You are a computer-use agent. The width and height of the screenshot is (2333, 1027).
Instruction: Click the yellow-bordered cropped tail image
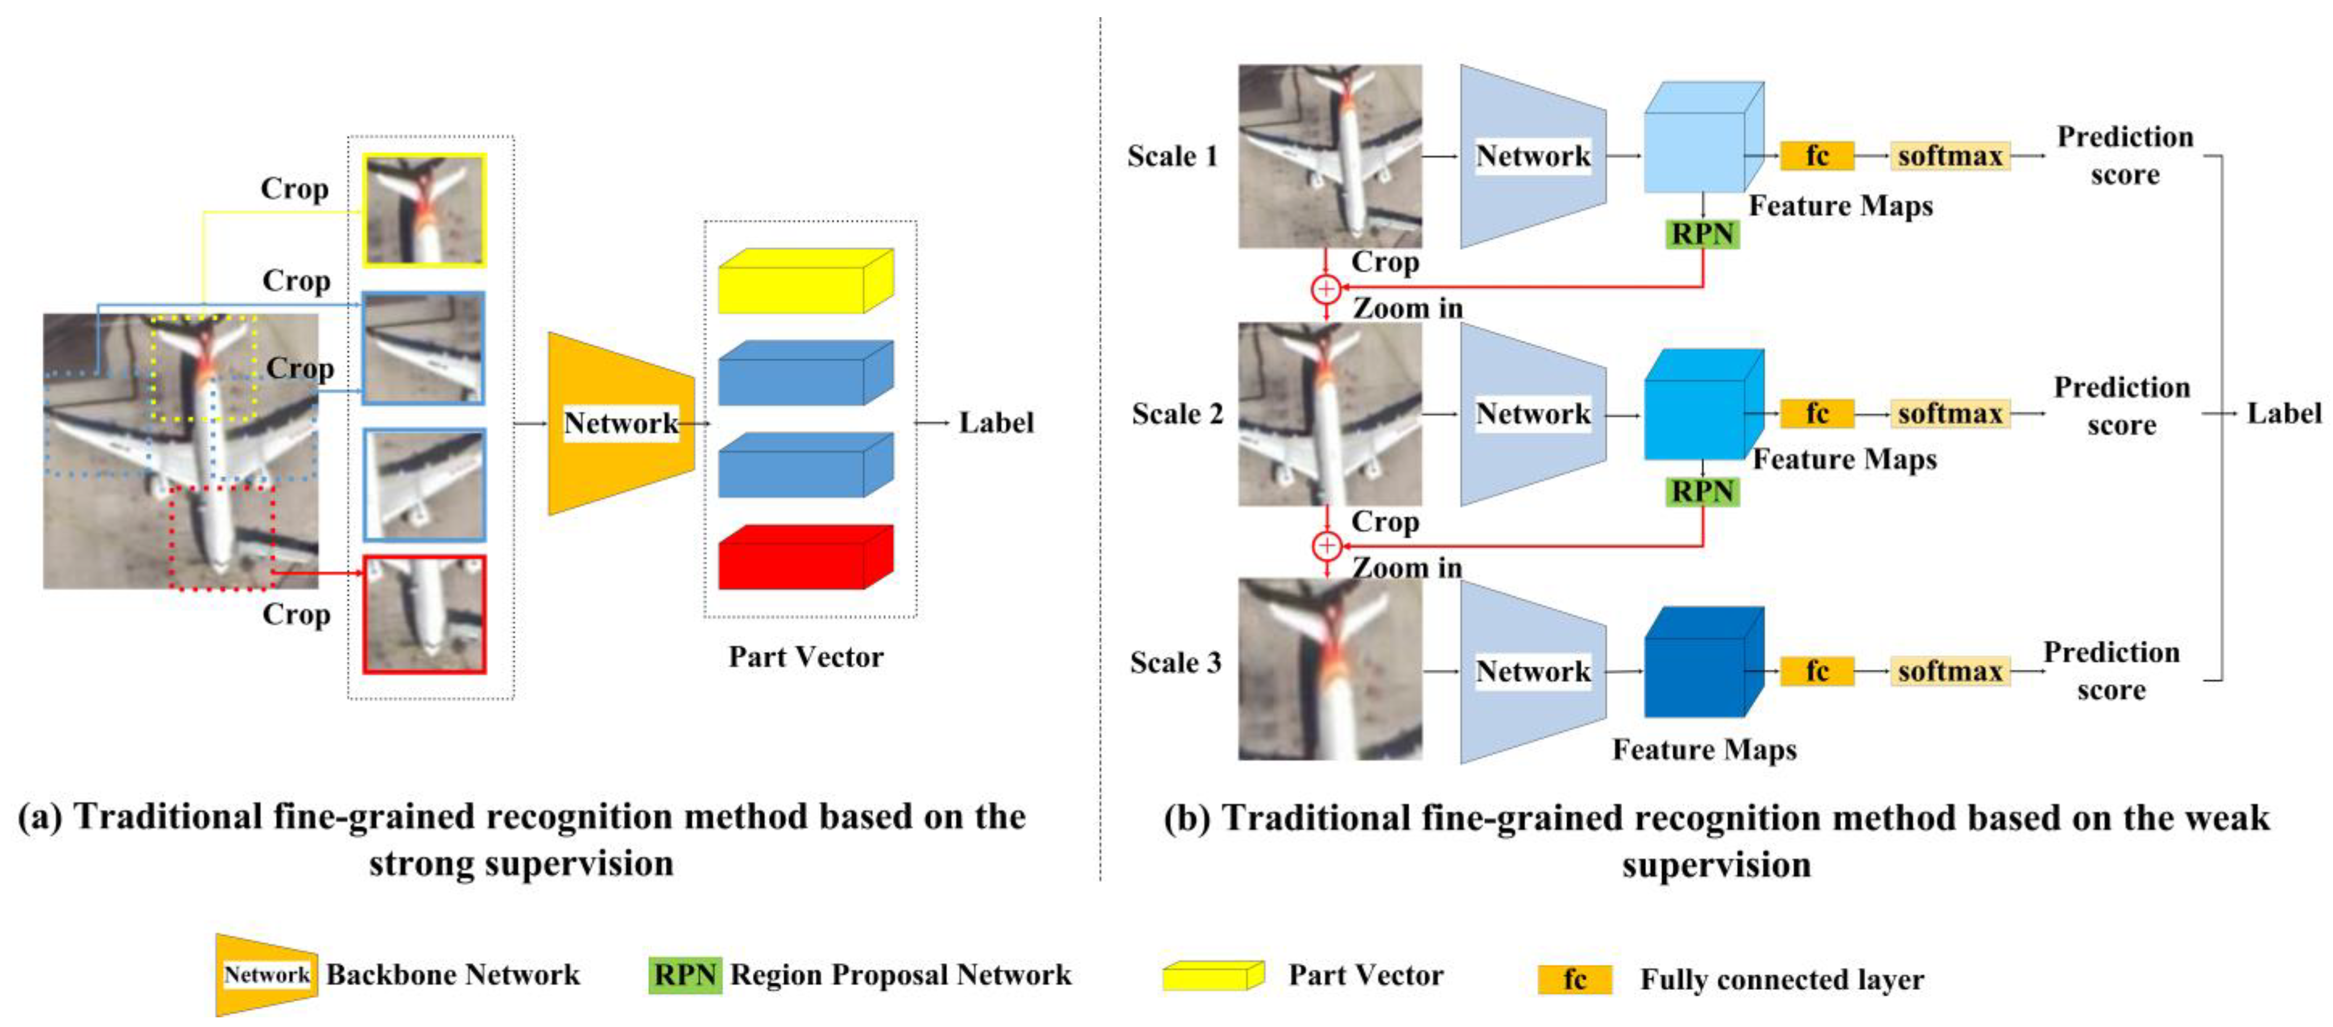424,210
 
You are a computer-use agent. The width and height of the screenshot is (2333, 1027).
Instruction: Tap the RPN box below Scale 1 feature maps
1702,233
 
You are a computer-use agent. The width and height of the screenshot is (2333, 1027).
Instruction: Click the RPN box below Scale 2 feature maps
1702,492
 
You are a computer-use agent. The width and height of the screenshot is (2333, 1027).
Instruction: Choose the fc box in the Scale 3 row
1817,671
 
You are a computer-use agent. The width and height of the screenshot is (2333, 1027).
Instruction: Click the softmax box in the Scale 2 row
1949,414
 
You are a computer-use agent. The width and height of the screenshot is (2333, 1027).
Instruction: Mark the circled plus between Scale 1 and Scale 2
1326,289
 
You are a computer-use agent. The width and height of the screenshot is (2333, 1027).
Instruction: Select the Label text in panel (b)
2283,414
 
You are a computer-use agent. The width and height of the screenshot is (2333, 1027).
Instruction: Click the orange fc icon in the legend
1574,980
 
